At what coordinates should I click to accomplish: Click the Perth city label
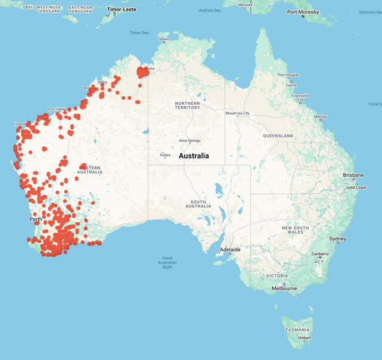36,219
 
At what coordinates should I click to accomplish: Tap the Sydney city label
337,239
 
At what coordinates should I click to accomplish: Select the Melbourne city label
284,288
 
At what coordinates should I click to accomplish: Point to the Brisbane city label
353,175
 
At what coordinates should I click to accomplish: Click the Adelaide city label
230,250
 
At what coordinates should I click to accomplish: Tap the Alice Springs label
189,141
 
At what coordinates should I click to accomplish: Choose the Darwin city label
164,39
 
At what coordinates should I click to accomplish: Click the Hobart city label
304,338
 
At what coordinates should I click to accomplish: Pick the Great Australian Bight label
167,262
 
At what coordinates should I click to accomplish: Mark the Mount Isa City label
238,113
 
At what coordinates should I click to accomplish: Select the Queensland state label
278,136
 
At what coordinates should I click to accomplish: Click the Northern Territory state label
187,105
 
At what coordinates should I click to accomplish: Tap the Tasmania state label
298,330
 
